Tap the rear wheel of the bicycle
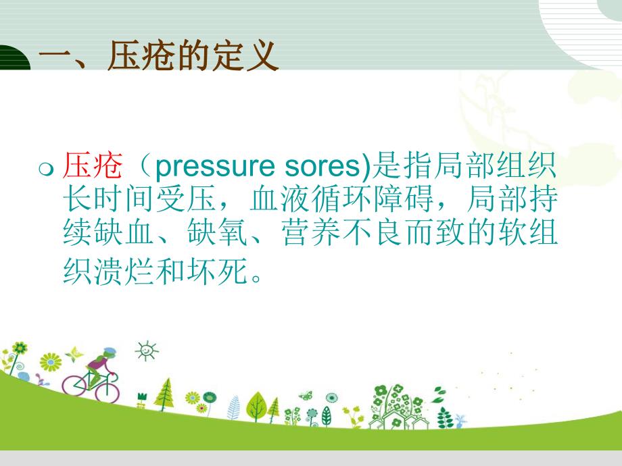tap(73, 385)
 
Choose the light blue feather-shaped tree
tap(234, 407)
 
